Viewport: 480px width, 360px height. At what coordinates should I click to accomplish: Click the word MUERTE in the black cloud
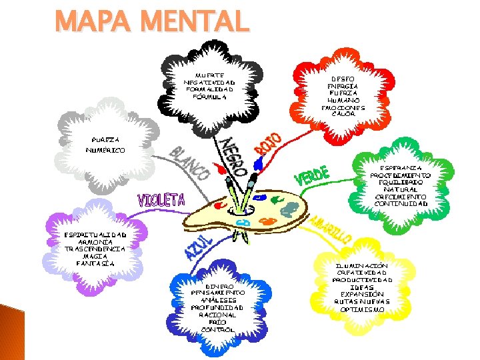coord(209,75)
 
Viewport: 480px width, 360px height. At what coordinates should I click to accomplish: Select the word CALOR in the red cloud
coord(343,113)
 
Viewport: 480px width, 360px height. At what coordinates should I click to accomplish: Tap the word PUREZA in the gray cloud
coord(106,140)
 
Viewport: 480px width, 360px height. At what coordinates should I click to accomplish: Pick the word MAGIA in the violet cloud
coord(95,256)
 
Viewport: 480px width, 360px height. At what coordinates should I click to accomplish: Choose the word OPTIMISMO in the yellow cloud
coord(361,309)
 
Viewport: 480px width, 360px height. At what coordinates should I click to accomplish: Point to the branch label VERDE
coord(312,176)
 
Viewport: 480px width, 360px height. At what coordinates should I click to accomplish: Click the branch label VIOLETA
coord(161,199)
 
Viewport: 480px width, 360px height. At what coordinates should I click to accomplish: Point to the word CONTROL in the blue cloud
coord(218,329)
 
